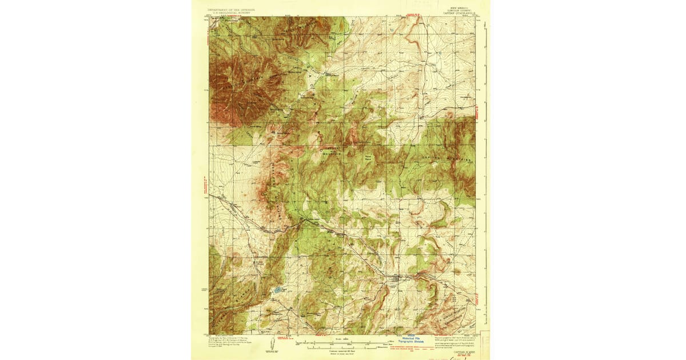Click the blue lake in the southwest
tap(277, 290)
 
